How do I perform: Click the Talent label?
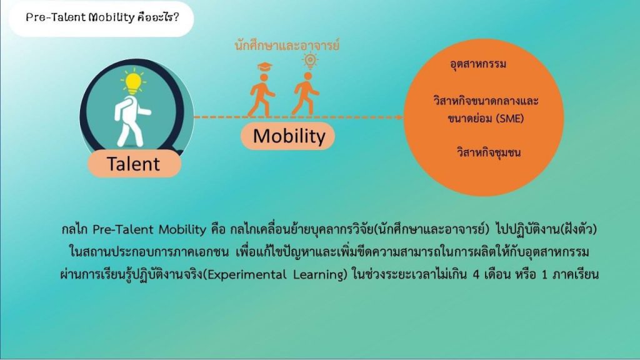click(134, 164)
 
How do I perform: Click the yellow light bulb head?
click(132, 82)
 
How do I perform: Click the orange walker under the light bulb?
click(305, 93)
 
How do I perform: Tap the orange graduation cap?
click(264, 66)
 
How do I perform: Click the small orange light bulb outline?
click(310, 61)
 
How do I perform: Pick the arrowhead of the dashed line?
click(400, 117)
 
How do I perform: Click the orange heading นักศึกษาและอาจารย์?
click(287, 45)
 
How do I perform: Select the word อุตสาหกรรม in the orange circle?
click(478, 64)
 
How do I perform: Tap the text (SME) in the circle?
click(510, 119)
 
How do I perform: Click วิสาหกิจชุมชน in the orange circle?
click(489, 152)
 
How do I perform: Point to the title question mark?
click(176, 17)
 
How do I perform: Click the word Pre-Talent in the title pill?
click(56, 17)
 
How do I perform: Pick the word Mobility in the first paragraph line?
click(182, 229)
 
